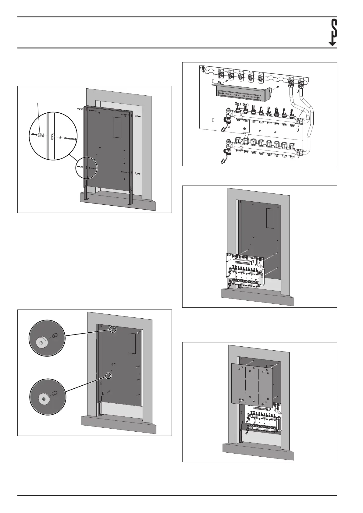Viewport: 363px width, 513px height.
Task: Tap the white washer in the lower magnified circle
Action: click(43, 399)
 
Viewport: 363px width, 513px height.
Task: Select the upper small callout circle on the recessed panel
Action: click(112, 329)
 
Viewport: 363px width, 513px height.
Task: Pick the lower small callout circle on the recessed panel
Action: click(108, 376)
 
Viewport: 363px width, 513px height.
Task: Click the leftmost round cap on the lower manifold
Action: click(246, 142)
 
